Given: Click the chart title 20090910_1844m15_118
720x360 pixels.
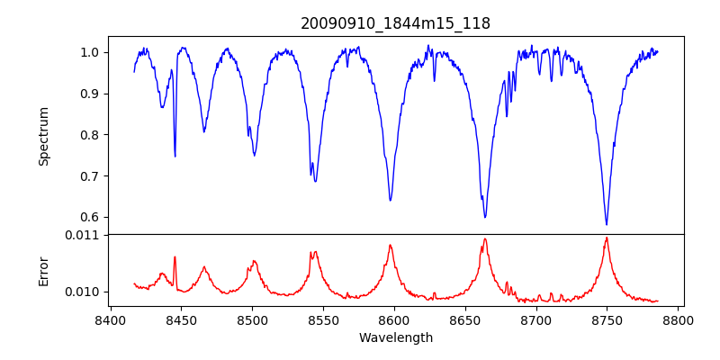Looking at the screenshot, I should (395, 23).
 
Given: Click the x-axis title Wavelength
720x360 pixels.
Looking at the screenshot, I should (395, 337).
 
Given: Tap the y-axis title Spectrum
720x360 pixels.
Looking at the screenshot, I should (43, 136).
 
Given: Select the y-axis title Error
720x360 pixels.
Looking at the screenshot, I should (43, 270).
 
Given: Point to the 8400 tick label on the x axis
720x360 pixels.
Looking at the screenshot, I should (110, 319).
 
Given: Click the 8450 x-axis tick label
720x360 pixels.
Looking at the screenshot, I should (181, 319).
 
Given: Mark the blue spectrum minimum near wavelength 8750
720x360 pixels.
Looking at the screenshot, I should (607, 225).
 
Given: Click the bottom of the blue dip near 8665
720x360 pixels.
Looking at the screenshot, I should (485, 218).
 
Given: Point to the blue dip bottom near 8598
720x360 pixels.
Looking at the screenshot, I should (390, 201).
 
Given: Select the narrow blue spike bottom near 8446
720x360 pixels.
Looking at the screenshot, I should (175, 157).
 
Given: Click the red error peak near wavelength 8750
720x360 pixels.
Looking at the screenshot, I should (607, 238).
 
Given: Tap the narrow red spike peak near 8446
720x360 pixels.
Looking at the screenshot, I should (175, 256).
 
